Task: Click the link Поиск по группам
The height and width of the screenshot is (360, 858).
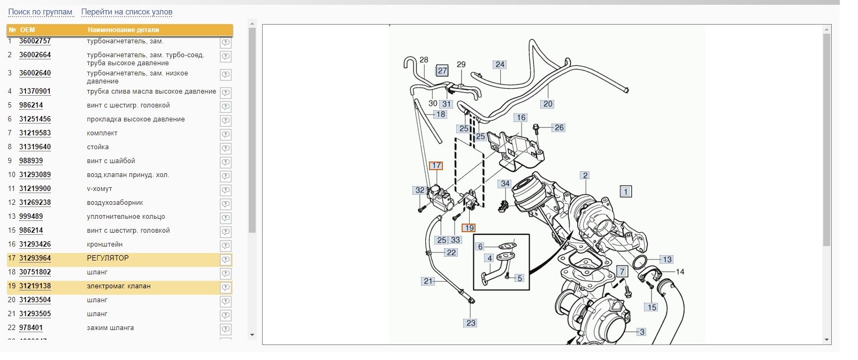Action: [40, 12]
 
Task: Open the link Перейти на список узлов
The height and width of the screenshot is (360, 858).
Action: [127, 12]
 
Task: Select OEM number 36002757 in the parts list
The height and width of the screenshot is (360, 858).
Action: [35, 41]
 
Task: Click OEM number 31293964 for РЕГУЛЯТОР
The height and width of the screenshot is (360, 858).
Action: [35, 258]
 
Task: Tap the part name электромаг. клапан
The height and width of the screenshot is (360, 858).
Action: [119, 286]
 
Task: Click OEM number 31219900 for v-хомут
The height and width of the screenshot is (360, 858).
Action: [35, 189]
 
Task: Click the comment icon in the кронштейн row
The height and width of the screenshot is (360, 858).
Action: [226, 246]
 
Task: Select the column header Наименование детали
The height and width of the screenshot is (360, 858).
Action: [124, 30]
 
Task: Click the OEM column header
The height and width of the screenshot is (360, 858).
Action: [28, 30]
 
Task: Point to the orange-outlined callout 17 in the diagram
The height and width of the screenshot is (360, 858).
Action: [436, 165]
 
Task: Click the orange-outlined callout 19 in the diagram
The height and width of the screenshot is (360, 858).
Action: [469, 228]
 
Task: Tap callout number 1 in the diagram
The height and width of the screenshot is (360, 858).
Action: [626, 192]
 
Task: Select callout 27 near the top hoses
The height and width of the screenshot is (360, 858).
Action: [442, 71]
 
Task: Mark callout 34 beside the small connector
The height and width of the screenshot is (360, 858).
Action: [505, 184]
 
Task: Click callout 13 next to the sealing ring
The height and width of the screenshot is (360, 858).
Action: [667, 259]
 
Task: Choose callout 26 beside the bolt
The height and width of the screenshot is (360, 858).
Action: [559, 127]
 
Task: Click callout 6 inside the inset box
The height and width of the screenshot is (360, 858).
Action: [480, 247]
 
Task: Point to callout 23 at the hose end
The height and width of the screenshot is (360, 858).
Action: [471, 323]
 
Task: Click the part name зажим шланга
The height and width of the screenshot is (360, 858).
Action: [110, 328]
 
